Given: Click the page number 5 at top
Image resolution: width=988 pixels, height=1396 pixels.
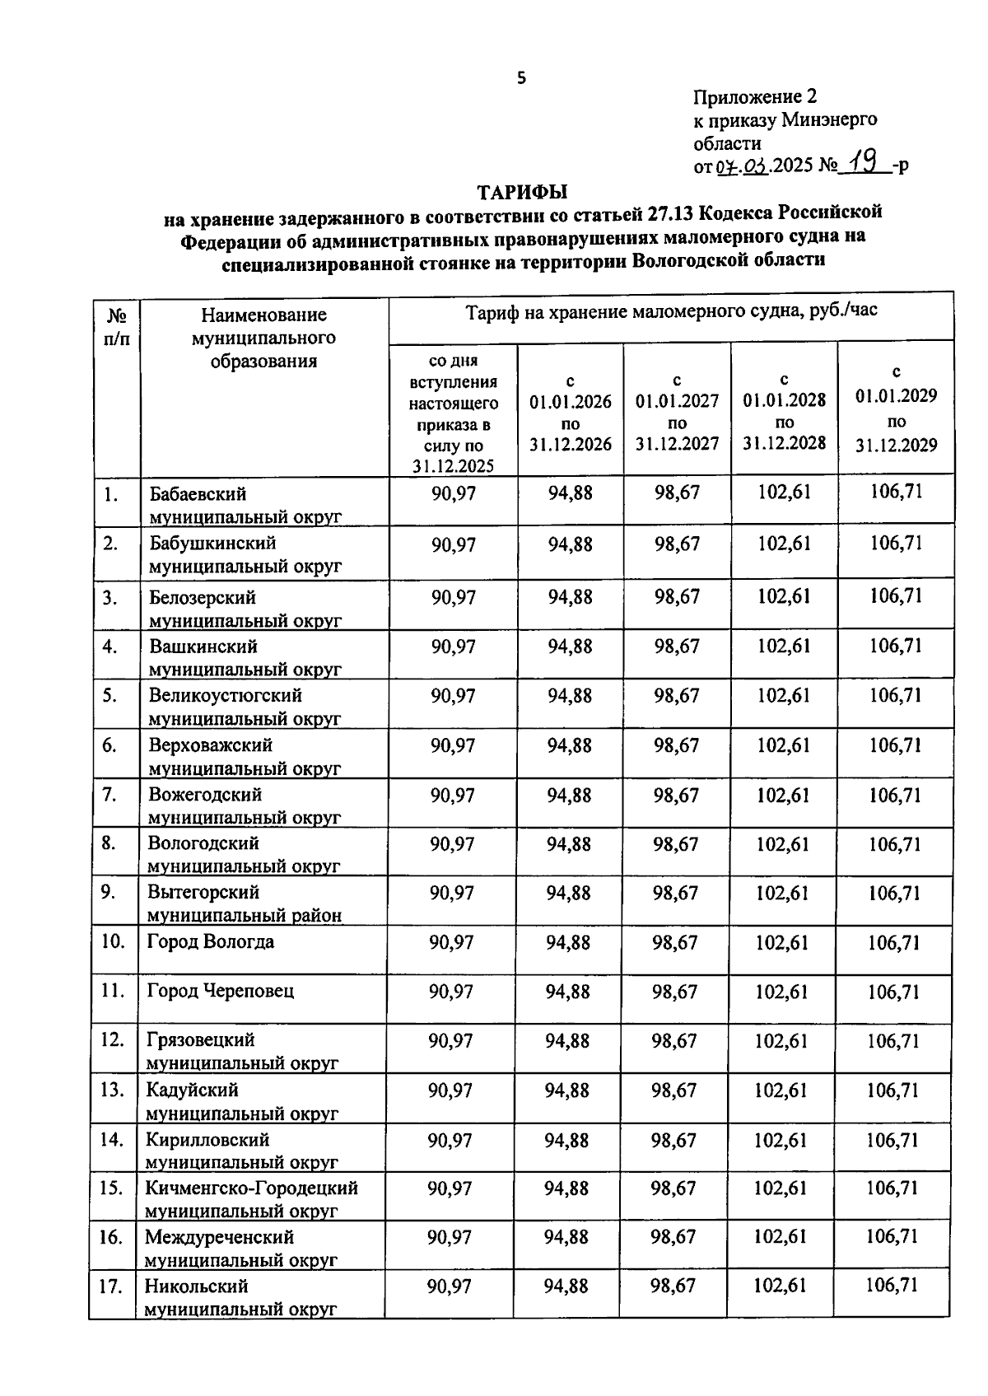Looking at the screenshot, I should click(x=520, y=79).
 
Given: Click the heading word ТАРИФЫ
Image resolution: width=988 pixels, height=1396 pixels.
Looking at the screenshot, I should click(x=524, y=193).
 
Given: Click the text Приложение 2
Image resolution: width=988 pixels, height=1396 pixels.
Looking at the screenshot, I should click(x=755, y=97).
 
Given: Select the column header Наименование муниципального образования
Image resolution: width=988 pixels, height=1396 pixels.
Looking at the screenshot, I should click(x=263, y=338).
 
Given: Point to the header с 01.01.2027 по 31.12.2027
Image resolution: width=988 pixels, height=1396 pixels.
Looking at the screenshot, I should click(x=677, y=412).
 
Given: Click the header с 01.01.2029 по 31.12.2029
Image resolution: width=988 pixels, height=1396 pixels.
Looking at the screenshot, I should click(x=896, y=409).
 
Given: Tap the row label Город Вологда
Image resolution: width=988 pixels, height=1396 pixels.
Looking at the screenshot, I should click(x=211, y=941).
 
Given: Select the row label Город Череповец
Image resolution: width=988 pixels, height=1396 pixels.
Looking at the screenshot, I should click(x=220, y=991).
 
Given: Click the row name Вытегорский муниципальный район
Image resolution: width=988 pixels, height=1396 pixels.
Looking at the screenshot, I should click(x=244, y=903).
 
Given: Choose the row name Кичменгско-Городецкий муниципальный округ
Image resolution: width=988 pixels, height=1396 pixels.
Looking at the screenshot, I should click(x=251, y=1199).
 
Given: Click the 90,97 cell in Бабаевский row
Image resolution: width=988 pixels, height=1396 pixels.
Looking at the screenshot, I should click(x=454, y=494).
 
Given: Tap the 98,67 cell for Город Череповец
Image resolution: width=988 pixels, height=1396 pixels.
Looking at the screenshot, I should click(x=674, y=992).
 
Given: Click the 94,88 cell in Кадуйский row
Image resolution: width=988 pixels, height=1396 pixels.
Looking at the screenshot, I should click(x=567, y=1090).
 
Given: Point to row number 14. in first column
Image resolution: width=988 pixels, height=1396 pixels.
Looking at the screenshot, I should click(x=112, y=1140).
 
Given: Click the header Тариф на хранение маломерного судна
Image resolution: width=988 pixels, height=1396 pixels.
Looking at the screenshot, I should click(x=671, y=313).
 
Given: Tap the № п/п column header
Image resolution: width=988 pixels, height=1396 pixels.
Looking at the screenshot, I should click(x=117, y=326).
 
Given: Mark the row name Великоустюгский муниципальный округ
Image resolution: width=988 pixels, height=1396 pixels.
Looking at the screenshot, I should click(x=244, y=707).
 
